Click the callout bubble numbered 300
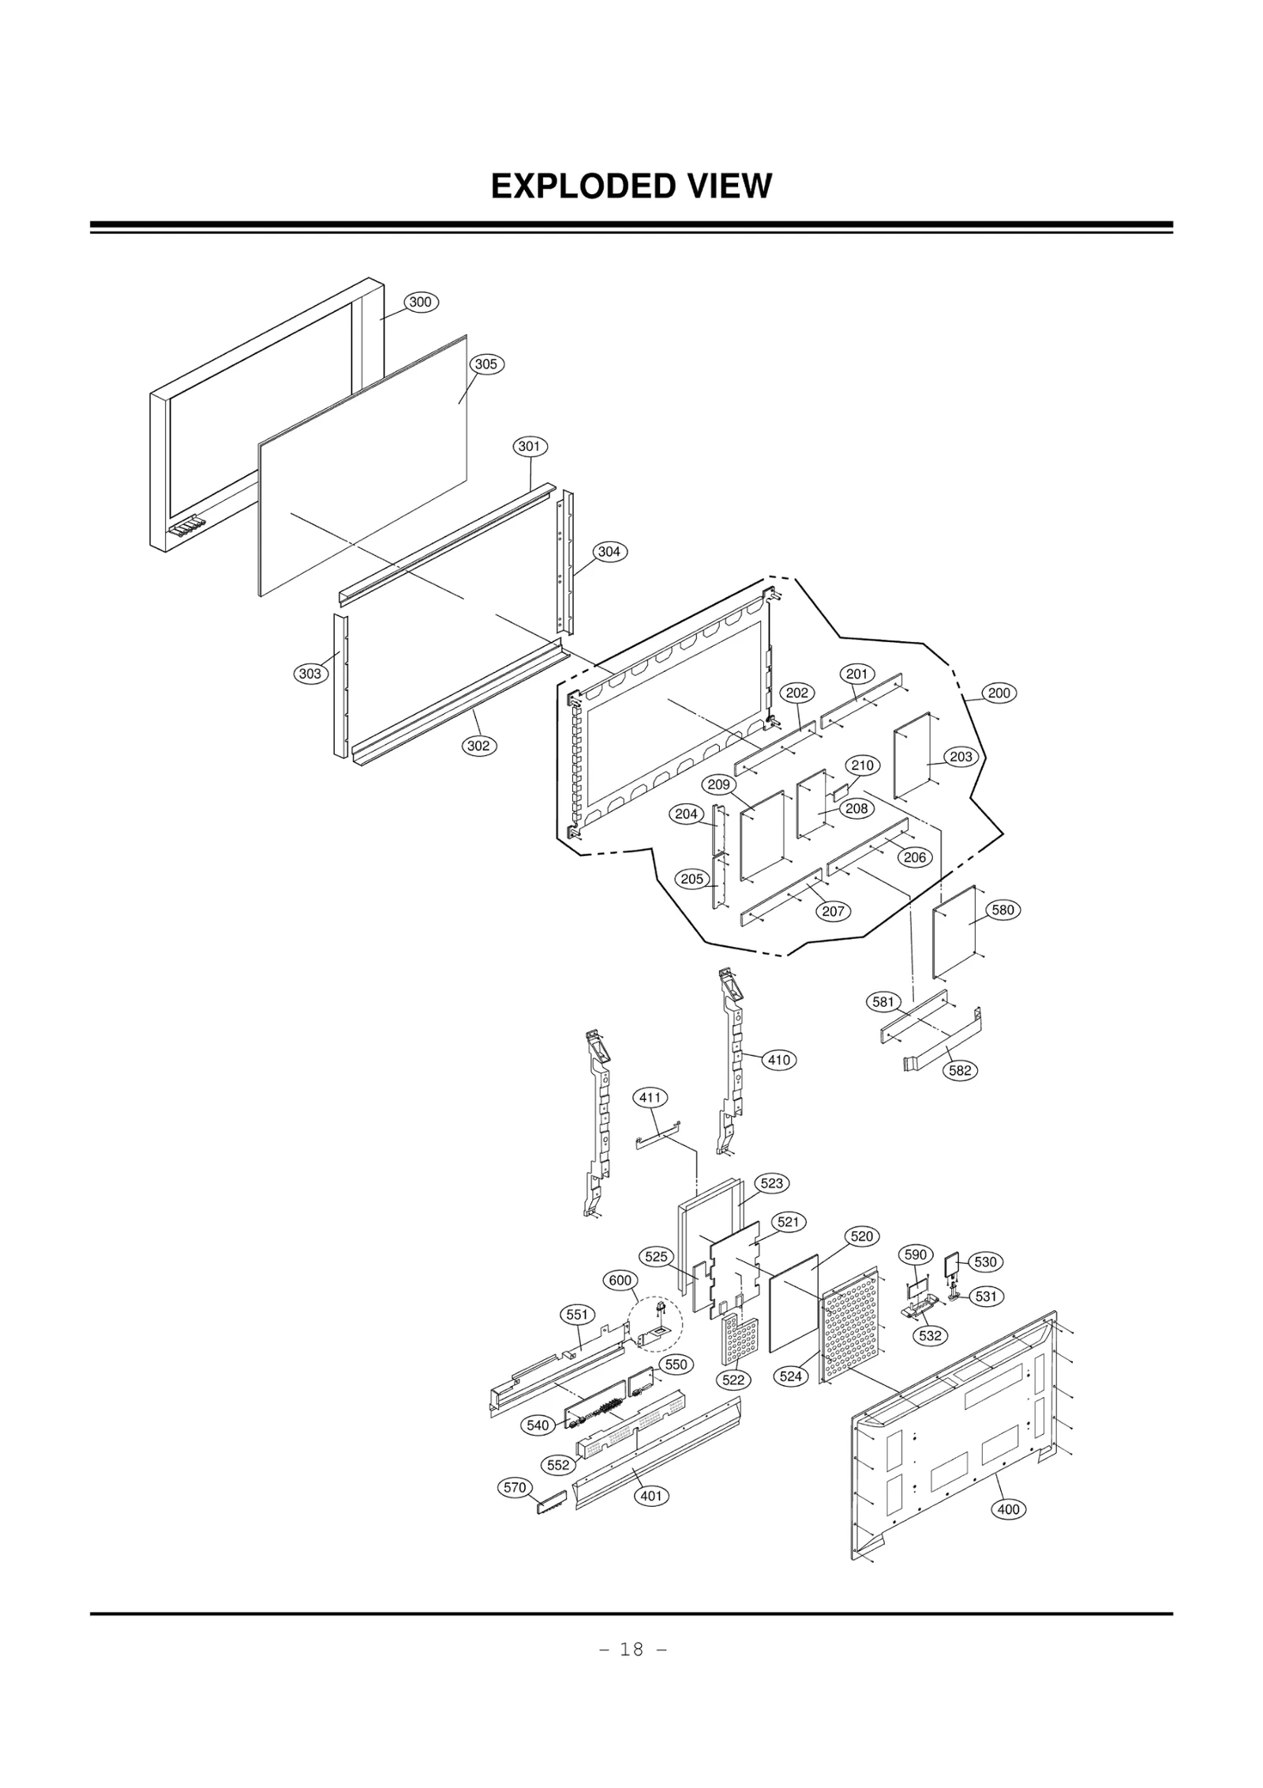[x=421, y=302]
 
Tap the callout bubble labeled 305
[x=485, y=364]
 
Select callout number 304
[x=609, y=551]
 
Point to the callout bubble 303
[x=309, y=674]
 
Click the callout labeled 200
[x=999, y=693]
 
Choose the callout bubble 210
[x=862, y=765]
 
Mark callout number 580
[x=1003, y=910]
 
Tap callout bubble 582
[x=960, y=1071]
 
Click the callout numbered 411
[x=650, y=1098]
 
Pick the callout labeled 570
[x=515, y=1488]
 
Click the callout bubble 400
[x=1009, y=1509]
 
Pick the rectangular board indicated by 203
[x=912, y=755]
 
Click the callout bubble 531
[x=985, y=1296]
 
